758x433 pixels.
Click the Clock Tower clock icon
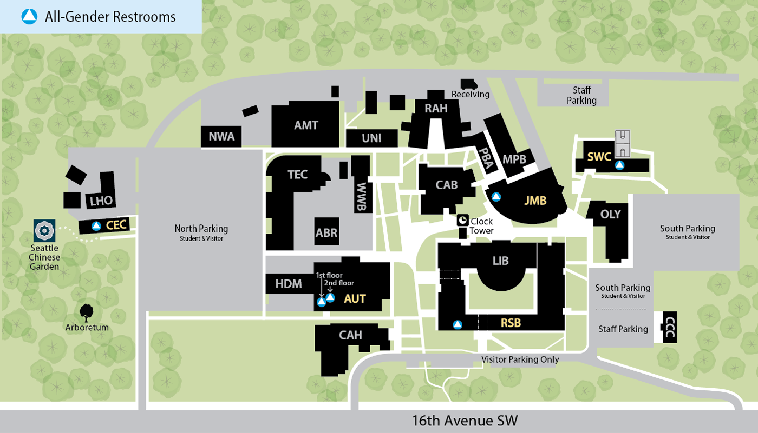pos(463,219)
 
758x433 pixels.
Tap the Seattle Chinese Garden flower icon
pos(43,231)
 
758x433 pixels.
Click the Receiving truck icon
pos(468,84)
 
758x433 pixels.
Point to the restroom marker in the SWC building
pos(619,165)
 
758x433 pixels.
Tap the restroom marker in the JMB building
pos(495,197)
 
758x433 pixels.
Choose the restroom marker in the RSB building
pos(458,324)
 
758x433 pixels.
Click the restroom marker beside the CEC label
pos(96,226)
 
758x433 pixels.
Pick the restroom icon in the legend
pos(29,17)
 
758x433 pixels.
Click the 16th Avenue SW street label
pos(465,421)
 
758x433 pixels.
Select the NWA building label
pos(221,137)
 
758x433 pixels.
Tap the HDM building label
pos(289,284)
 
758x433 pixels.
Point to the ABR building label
pos(326,234)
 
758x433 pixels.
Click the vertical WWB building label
pos(362,192)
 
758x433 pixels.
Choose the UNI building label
pos(371,138)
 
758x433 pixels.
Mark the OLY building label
pos(610,214)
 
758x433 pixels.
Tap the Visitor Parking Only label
pos(520,359)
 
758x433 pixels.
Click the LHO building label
pos(101,201)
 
